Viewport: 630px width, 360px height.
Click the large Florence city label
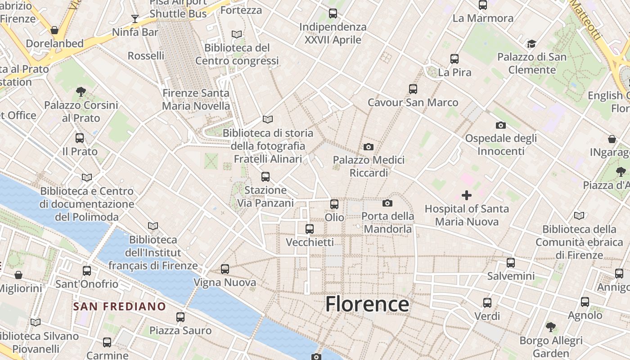coord(367,304)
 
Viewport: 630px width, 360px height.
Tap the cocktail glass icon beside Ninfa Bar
coord(135,18)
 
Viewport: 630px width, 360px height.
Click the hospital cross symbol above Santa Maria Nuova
coord(467,195)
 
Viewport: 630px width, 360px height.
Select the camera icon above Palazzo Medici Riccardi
coord(368,147)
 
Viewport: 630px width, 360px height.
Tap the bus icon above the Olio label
coord(334,204)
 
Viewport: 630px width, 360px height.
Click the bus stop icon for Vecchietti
coord(309,229)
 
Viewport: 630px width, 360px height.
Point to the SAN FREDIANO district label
coord(120,306)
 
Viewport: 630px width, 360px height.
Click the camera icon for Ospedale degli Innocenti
coord(500,125)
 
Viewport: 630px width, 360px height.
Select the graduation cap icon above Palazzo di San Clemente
coord(531,44)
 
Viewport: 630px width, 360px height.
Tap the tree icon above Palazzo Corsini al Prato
coord(81,92)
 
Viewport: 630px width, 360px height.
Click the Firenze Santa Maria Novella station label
coord(196,99)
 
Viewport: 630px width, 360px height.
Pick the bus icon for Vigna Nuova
coord(225,269)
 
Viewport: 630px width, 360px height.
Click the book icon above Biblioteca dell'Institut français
coord(153,226)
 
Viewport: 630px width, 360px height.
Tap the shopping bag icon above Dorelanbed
coord(54,30)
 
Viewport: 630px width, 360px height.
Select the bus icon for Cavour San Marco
coord(413,89)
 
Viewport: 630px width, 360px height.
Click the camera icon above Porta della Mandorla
coord(387,203)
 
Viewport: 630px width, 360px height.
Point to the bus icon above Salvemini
coord(510,262)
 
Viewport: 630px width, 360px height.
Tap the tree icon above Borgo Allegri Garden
coord(550,327)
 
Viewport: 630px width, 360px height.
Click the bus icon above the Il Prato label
coord(80,138)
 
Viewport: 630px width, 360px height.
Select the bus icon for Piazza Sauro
coord(180,317)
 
